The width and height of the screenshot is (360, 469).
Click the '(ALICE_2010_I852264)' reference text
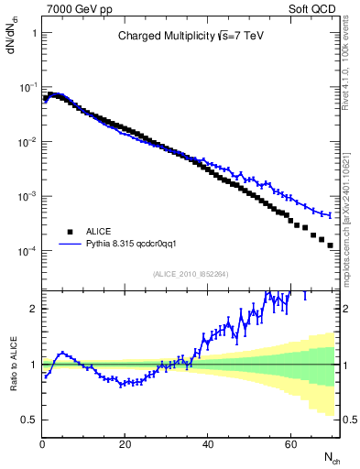[190, 274]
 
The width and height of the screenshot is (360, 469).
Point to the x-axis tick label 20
[125, 444]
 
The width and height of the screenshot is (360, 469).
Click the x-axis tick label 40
[208, 444]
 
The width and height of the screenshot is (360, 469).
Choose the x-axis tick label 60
[290, 444]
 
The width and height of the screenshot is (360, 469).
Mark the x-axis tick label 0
[43, 444]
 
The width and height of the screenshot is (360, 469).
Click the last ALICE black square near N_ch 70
[331, 245]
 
